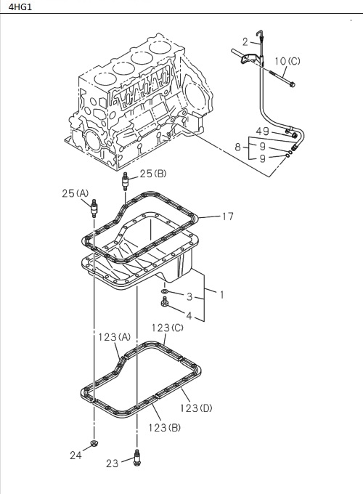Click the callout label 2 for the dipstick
(x=245, y=41)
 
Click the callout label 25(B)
(x=153, y=174)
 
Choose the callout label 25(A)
(x=75, y=193)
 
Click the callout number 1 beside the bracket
(x=221, y=295)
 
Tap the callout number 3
(x=189, y=296)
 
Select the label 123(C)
(x=168, y=328)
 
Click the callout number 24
(x=76, y=455)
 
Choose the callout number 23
(x=113, y=463)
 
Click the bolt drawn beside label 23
(x=136, y=457)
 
